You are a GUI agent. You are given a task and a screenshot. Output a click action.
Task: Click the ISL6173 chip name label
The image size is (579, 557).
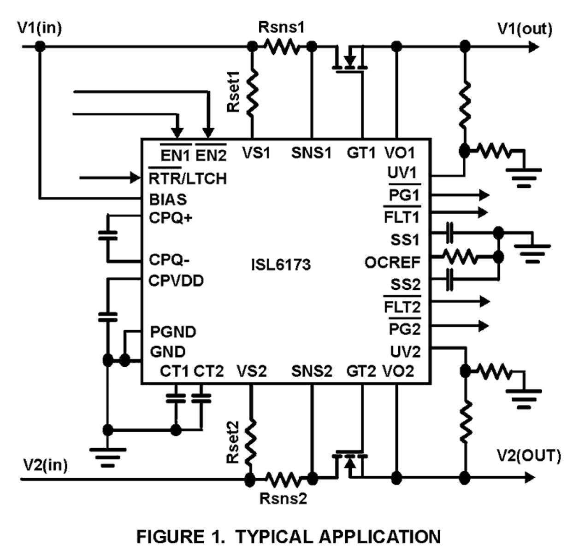click(x=280, y=264)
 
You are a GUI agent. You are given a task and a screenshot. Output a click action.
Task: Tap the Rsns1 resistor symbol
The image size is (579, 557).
click(x=282, y=47)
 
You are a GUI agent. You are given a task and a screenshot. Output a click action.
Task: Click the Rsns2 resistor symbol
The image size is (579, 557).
click(x=282, y=480)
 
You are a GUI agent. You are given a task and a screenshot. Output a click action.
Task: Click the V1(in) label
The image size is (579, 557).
click(x=39, y=28)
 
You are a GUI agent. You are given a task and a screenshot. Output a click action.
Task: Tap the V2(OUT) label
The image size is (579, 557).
click(x=528, y=456)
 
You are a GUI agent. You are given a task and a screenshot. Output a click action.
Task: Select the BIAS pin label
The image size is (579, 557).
click(x=168, y=199)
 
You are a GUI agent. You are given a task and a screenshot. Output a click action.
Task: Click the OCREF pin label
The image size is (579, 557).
click(x=392, y=263)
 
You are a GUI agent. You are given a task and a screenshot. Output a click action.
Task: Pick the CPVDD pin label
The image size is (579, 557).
click(x=176, y=281)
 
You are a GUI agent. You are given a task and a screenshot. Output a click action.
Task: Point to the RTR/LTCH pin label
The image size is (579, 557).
click(x=187, y=178)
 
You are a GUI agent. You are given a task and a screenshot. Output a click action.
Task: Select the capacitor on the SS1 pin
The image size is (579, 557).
click(x=449, y=233)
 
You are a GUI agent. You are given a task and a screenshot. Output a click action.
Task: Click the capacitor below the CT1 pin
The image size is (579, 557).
click(x=176, y=399)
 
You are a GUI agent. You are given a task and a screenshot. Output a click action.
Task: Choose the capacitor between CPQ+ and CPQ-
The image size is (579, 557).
click(x=108, y=235)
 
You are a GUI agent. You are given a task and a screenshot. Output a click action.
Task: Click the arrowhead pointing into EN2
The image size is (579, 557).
click(x=208, y=133)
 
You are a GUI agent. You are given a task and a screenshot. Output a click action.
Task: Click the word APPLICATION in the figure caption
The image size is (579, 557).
click(x=379, y=537)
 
